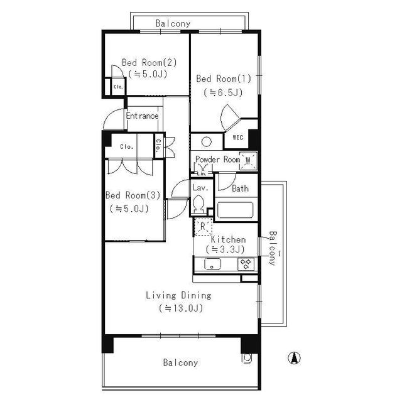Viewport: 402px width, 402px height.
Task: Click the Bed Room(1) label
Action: [224, 79]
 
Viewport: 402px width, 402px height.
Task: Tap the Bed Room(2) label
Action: [149, 62]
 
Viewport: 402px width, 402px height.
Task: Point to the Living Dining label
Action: [178, 295]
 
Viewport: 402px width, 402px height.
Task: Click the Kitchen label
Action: [228, 240]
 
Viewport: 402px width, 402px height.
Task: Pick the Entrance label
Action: [142, 116]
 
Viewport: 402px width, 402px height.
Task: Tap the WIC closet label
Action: [238, 138]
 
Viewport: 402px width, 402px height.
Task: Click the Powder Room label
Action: [217, 160]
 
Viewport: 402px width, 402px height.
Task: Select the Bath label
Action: [240, 188]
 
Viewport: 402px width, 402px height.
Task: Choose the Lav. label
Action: [200, 188]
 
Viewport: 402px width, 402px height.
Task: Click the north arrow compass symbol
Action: [292, 359]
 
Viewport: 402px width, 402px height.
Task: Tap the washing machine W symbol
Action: [249, 160]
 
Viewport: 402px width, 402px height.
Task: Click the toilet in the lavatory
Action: [199, 203]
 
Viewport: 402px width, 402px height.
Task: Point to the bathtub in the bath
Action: [234, 210]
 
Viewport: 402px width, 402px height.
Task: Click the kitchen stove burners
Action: [245, 264]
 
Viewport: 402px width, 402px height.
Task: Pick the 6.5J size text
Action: [224, 92]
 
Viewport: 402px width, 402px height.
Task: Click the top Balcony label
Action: [173, 24]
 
